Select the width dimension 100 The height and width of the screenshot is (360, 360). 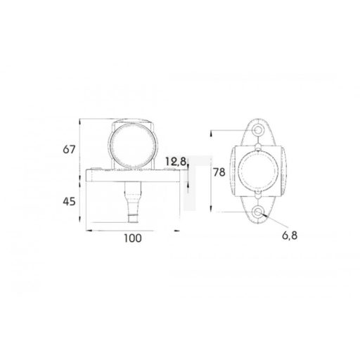131,238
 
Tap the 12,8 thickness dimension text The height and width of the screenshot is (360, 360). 175,162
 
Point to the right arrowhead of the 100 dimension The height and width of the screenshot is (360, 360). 178,229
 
